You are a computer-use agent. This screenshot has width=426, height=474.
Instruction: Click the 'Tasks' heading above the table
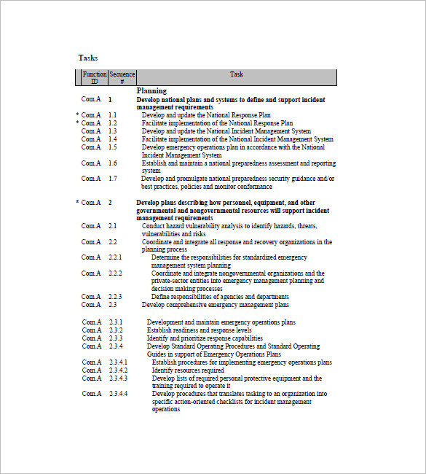87,58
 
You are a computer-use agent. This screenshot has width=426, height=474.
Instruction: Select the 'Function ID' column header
94,77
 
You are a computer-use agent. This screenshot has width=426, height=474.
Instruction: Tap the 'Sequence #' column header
122,77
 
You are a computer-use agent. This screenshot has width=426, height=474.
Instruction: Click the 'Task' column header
237,74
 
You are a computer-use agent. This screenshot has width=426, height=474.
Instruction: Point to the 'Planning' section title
151,91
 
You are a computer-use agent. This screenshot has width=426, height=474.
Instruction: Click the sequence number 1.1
113,115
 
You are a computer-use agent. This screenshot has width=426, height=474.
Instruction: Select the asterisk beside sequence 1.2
77,123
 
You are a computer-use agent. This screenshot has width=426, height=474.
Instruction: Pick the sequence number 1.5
113,147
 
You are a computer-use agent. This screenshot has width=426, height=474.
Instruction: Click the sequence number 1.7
113,179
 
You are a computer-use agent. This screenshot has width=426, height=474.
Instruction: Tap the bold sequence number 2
110,202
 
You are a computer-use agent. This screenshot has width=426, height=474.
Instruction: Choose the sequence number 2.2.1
115,257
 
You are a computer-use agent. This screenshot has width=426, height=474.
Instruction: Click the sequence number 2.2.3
115,297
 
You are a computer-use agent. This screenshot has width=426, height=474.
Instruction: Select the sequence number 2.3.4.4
118,394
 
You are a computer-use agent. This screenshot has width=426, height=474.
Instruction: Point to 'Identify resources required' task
188,370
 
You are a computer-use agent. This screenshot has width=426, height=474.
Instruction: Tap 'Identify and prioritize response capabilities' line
205,338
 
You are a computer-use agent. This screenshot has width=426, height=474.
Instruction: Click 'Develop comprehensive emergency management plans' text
216,305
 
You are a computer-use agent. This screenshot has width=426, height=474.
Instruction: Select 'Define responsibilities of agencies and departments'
220,297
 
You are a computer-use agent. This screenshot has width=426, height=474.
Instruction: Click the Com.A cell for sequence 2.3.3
91,338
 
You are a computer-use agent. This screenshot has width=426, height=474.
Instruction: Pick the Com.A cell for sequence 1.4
91,139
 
